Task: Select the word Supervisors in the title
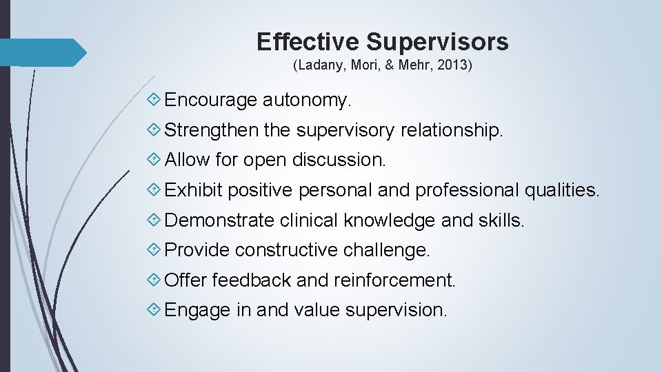437,42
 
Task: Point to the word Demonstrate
220,220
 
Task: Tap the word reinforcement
394,280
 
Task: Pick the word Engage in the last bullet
198,311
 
